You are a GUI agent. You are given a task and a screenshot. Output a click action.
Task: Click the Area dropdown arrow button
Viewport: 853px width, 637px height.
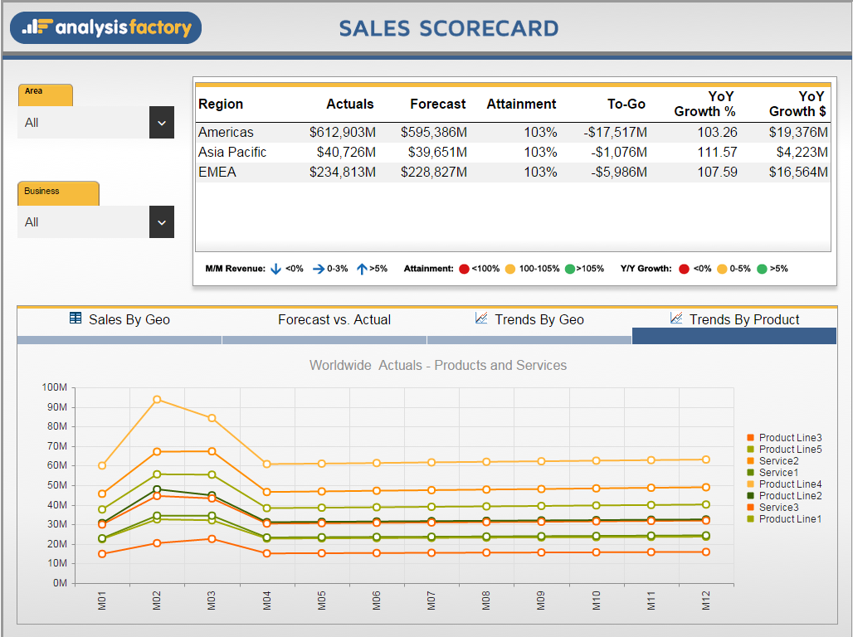[162, 123]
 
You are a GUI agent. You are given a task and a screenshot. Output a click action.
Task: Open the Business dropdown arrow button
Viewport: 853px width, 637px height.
[162, 222]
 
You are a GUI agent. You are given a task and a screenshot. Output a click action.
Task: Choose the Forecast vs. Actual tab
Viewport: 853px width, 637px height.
[334, 319]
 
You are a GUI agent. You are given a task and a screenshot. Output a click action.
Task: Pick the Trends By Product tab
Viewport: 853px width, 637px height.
[734, 319]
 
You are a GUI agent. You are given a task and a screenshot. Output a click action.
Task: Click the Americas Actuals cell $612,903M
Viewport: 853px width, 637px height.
[342, 132]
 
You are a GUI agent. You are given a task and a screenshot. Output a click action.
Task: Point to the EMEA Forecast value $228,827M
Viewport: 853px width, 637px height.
[433, 172]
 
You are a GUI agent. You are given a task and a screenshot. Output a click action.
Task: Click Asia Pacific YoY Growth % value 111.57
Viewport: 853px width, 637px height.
[717, 152]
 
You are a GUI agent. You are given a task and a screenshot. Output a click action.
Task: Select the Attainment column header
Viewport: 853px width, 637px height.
[521, 104]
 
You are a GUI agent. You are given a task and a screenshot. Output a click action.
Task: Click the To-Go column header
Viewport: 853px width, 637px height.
[626, 104]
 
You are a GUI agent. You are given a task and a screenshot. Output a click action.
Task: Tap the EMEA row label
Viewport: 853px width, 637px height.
[217, 172]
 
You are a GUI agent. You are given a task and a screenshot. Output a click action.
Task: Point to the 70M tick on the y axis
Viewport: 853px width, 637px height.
[56, 446]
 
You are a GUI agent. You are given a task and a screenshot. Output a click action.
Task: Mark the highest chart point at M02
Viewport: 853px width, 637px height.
[157, 400]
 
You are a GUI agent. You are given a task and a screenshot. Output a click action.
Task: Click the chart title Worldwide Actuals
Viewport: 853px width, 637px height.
[438, 365]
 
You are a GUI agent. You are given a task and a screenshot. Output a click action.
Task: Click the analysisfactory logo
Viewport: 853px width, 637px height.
[106, 27]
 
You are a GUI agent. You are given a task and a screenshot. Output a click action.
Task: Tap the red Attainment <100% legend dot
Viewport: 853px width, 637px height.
[464, 269]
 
